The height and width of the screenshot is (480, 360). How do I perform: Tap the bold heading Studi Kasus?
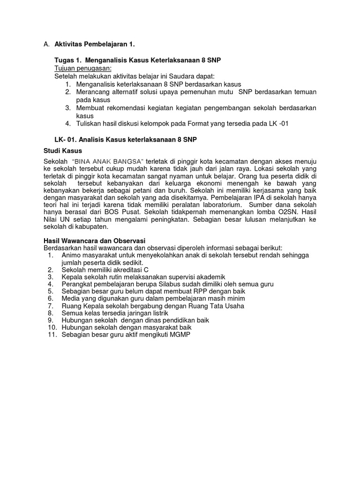click(x=62, y=150)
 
